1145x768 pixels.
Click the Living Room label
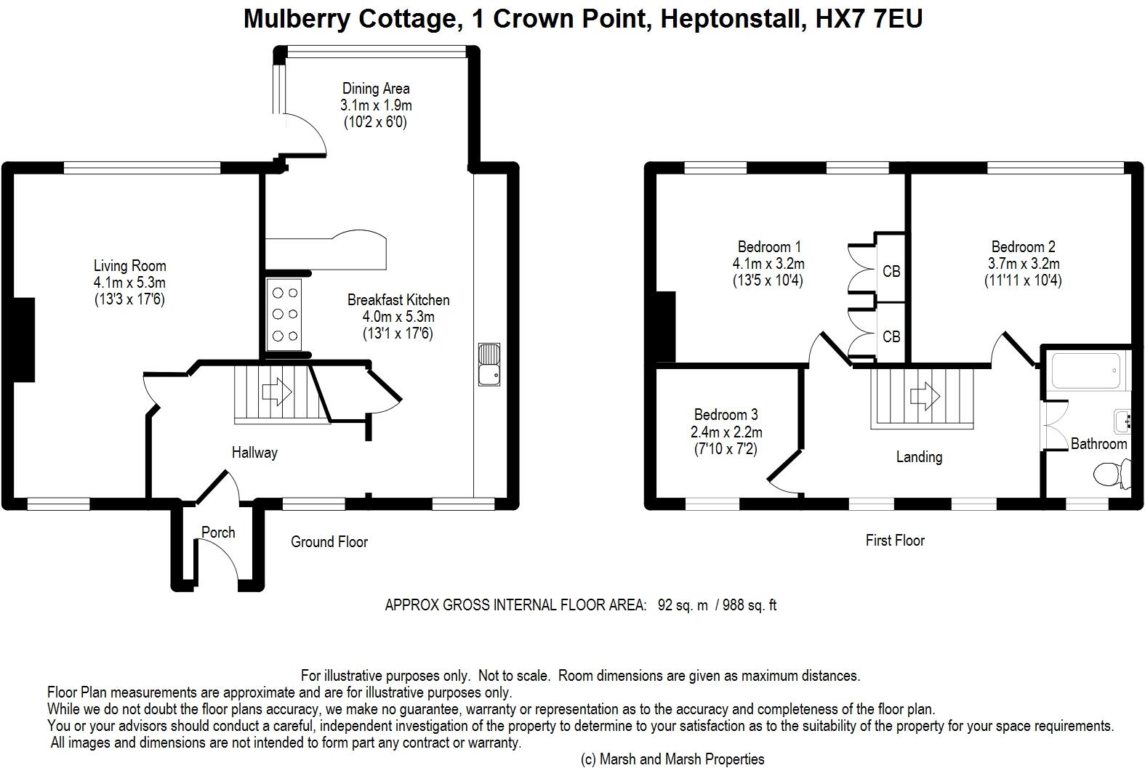129,266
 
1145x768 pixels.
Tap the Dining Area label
376,89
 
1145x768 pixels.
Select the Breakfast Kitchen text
398,299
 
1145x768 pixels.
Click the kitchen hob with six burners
284,315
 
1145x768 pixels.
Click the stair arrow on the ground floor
277,392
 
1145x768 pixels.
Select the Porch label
218,532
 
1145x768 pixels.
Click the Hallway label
254,452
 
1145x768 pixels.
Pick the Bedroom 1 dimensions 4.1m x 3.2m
768,264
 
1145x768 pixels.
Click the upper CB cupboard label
891,271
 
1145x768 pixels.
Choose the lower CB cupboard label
891,336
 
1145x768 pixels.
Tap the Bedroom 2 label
1023,246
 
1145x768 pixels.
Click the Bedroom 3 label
726,414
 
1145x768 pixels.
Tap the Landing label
919,456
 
